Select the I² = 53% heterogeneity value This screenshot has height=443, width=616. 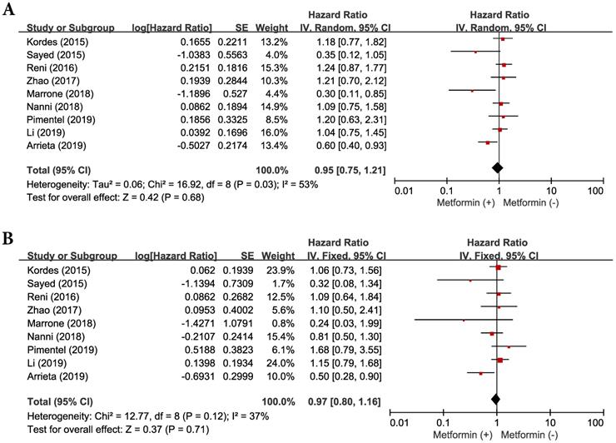[296, 183]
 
